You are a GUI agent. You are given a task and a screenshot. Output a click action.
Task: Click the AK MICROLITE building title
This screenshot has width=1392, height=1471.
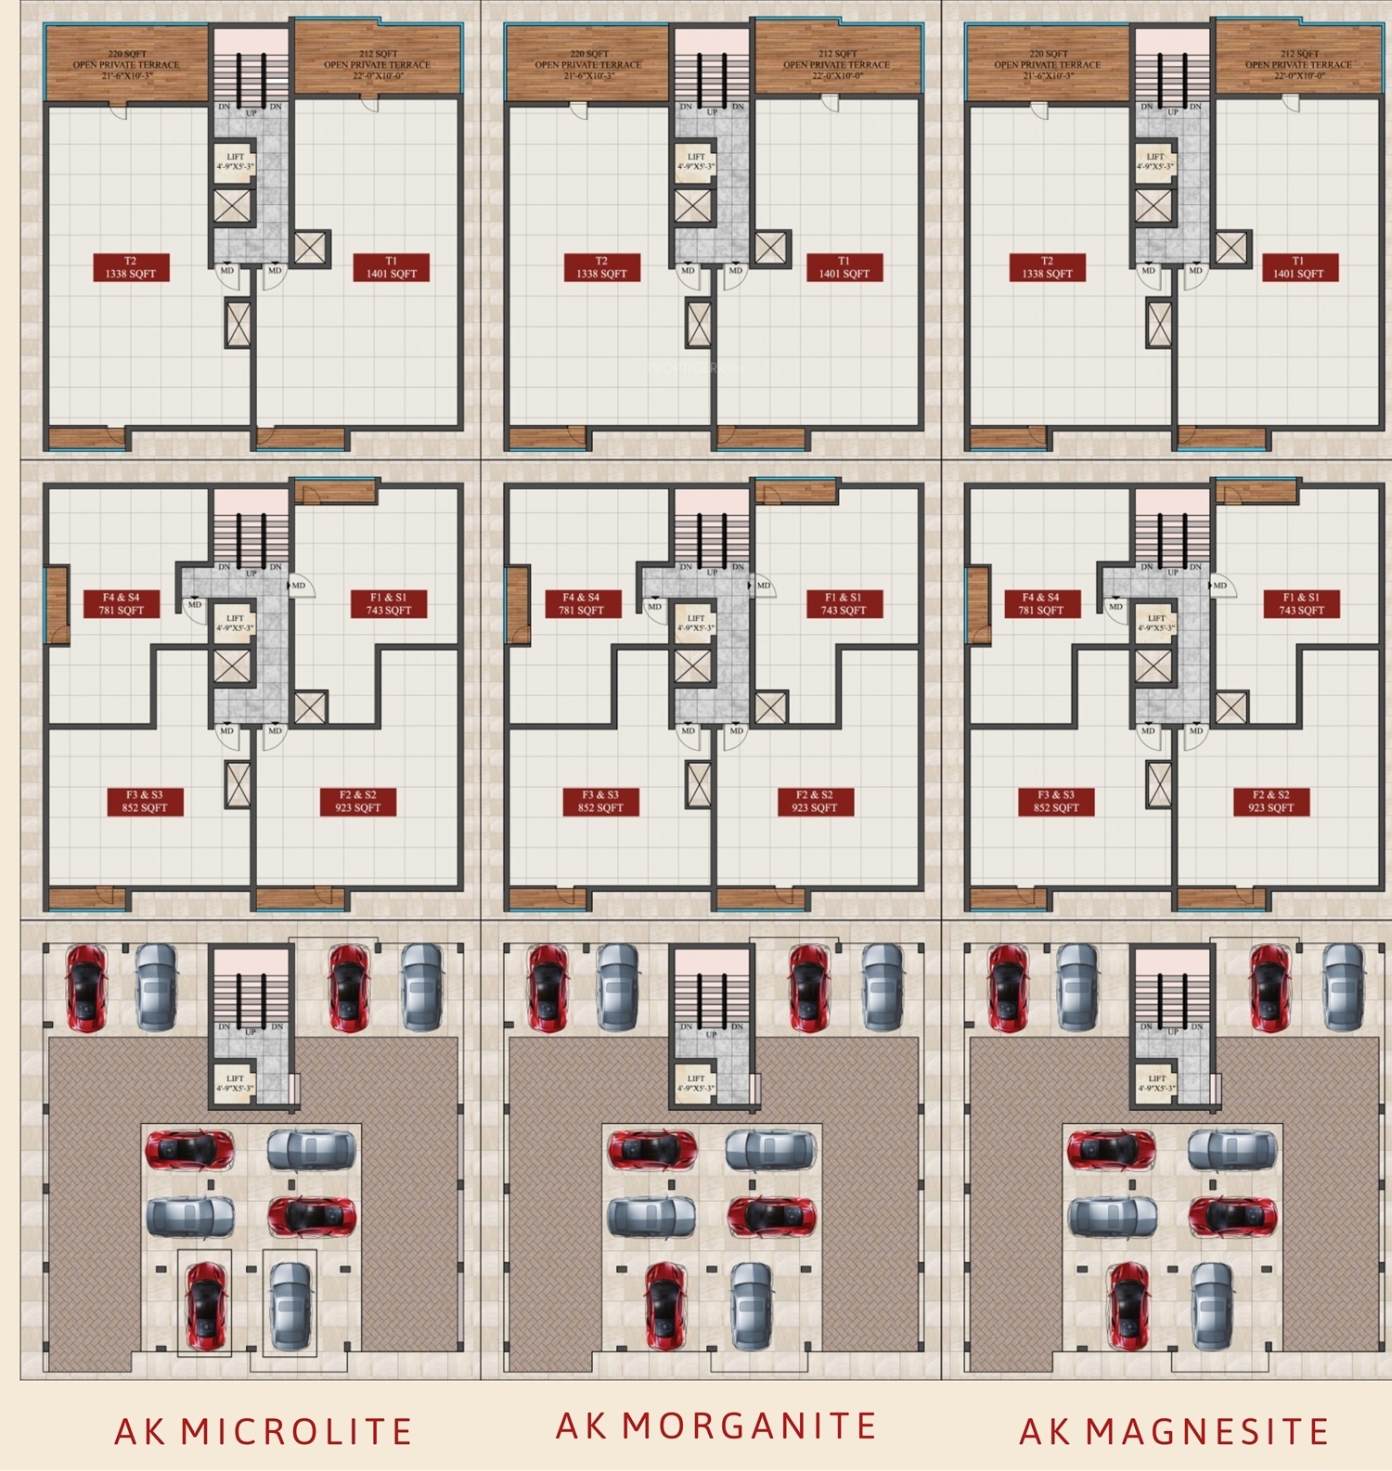pos(264,1431)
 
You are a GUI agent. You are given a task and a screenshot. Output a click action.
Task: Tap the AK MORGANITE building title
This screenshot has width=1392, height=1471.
pos(715,1426)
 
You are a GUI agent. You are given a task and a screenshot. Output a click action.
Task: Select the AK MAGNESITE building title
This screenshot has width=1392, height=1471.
pos(1174,1431)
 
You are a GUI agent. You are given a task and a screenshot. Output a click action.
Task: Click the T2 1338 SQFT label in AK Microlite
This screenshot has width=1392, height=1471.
pos(131,267)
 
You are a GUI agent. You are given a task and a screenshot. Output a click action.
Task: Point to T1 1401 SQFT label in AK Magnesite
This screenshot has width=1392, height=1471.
pos(1299,267)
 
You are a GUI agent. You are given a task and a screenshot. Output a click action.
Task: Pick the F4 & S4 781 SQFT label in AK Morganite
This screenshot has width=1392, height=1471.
pos(582,604)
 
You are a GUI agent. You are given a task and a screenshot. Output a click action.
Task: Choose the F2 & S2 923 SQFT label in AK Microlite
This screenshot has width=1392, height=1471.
pos(358,802)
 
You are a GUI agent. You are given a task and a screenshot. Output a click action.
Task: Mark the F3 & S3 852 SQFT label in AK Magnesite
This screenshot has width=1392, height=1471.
pos(1056,802)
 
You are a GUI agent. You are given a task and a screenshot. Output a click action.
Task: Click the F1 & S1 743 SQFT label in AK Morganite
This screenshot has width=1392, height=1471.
pos(844,604)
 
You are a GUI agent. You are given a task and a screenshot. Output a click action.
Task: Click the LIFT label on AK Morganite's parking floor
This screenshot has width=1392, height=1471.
pos(696,1083)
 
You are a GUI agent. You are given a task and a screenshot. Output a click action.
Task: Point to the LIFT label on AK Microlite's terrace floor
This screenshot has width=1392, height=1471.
pos(235,161)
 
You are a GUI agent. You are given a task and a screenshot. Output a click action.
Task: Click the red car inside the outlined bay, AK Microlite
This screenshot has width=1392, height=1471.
pos(205,1301)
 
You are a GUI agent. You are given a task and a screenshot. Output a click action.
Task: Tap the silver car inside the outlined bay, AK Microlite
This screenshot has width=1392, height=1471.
pos(290,1301)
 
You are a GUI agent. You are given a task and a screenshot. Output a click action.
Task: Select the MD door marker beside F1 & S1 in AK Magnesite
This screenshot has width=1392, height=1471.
pos(1219,586)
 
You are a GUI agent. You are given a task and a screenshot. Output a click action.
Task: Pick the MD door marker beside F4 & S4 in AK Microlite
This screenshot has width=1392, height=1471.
pos(194,604)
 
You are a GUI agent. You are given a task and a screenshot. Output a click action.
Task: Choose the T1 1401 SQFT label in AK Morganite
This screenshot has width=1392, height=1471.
pos(844,267)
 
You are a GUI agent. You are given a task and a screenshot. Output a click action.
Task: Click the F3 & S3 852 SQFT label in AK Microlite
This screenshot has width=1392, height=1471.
pos(145,802)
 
